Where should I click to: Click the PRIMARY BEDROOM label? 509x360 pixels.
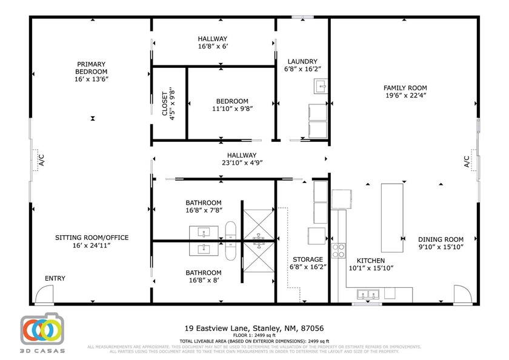point(91,68)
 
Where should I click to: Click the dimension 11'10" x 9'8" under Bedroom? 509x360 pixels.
point(232,109)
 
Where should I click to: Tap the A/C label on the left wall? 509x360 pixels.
point(42,159)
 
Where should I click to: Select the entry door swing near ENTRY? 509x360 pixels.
point(43,295)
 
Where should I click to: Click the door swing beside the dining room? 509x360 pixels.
point(462,295)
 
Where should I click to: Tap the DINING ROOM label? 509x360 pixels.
point(441,239)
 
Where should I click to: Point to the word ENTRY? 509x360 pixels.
point(55,279)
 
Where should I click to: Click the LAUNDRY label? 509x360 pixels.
point(302,61)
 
